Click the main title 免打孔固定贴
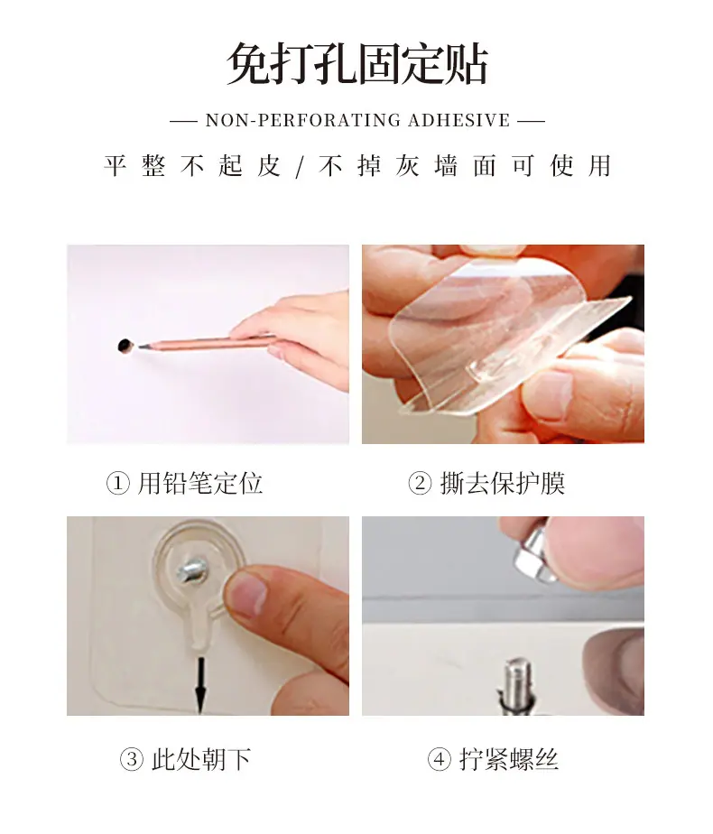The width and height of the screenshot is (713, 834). (x=356, y=64)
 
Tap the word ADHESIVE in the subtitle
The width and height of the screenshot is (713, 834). (x=458, y=121)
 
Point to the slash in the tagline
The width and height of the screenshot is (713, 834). (x=300, y=167)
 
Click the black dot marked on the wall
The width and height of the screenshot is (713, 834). (x=125, y=346)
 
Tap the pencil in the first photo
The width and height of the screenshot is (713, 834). (x=208, y=343)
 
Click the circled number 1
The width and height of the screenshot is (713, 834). (x=117, y=484)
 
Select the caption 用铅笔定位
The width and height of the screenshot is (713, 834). (x=200, y=484)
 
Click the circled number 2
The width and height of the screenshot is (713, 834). (x=420, y=484)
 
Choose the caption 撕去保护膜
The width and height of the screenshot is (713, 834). (x=503, y=484)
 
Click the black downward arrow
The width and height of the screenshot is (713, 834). (x=200, y=684)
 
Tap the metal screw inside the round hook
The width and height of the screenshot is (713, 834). (x=191, y=570)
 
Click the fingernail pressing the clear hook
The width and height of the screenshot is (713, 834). (x=247, y=593)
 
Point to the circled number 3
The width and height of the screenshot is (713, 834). (x=132, y=760)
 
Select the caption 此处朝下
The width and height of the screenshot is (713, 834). (x=201, y=760)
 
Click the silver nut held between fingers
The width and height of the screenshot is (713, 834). (x=532, y=553)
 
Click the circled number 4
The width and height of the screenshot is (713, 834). (x=439, y=760)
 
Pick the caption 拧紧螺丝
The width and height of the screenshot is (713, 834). (x=509, y=760)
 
